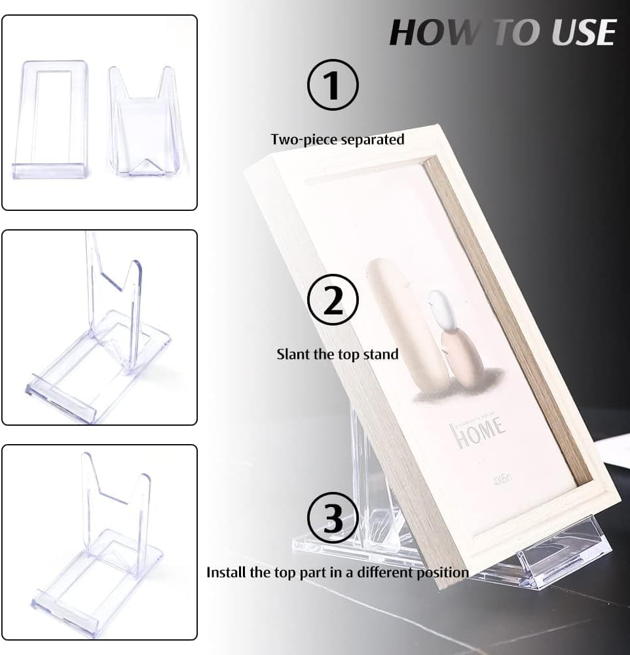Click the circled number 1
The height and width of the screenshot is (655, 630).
pos(333,84)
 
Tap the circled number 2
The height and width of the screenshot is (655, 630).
pos(333,300)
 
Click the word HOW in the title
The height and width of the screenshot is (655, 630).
pos(429,32)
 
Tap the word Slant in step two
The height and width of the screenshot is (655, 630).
pos(293,354)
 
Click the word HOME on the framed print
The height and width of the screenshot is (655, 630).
pos(477,432)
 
